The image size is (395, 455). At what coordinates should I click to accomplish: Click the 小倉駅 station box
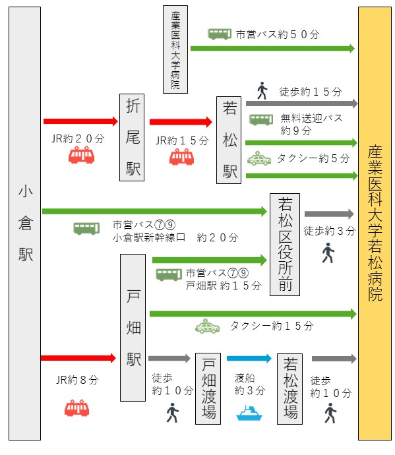(25, 224)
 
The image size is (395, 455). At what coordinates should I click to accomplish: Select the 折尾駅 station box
(133, 137)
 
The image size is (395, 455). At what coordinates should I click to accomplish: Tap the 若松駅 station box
(230, 139)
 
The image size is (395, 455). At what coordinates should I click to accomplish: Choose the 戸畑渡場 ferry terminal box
(210, 388)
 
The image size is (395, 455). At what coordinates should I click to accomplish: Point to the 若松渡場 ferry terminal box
(291, 388)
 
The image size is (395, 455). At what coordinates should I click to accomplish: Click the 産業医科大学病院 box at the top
(175, 49)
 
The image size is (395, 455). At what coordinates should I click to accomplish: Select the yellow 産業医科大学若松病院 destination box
(375, 224)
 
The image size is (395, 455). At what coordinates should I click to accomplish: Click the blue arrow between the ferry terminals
(249, 359)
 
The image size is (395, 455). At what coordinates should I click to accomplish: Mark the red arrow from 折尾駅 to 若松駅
(180, 121)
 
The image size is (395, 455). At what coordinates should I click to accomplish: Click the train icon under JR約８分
(76, 408)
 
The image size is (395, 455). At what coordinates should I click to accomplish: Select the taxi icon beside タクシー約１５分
(208, 326)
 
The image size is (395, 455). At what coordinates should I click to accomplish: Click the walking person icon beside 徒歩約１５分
(262, 90)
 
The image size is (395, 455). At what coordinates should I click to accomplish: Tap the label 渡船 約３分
(249, 384)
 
